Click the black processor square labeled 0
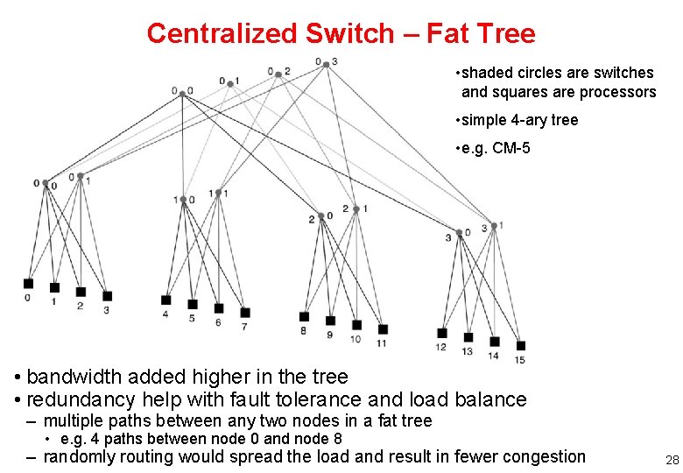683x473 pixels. coord(28,283)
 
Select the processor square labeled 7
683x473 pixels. coord(245,313)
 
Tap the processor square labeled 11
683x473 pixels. coord(383,328)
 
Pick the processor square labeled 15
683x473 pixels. coord(521,345)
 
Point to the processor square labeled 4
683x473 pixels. coord(166,300)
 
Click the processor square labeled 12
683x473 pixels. coord(442,333)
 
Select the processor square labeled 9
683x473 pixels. coord(330,321)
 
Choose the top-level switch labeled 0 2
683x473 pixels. coord(278,74)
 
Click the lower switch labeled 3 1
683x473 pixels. coord(494,226)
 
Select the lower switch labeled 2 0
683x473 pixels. coord(320,215)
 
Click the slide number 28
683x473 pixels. coord(672,460)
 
